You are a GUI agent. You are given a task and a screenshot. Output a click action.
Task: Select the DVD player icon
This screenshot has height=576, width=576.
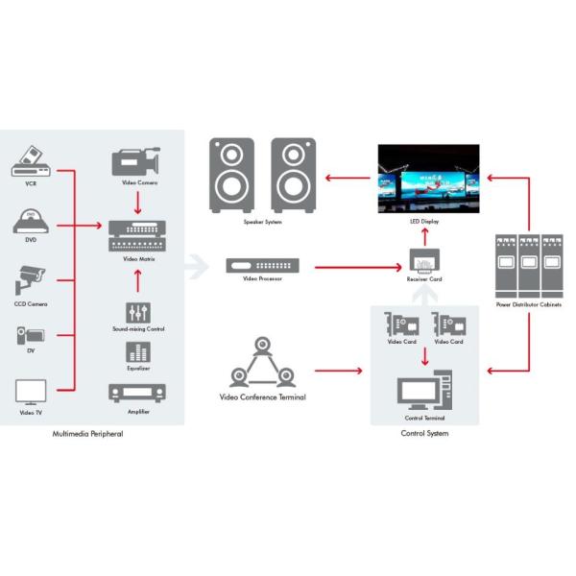coord(30,222)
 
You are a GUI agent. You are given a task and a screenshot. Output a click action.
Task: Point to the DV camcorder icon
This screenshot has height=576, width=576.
coord(29,335)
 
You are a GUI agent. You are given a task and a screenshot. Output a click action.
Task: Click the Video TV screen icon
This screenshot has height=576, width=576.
coord(30,391)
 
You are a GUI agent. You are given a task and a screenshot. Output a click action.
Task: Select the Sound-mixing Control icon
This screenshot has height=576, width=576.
coord(138,313)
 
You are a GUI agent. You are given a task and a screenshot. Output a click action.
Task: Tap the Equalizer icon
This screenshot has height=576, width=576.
coord(138,351)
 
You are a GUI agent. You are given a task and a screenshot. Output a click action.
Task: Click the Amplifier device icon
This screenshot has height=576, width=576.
coord(138,393)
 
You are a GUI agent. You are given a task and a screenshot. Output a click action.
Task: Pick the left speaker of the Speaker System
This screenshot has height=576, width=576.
coord(232,175)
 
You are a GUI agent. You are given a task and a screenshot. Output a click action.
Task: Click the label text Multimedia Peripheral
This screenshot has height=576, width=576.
coord(87,434)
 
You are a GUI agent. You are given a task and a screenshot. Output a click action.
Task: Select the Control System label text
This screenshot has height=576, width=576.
coord(424,434)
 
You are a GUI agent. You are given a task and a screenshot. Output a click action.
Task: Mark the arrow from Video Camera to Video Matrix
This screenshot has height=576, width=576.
coord(137,203)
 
